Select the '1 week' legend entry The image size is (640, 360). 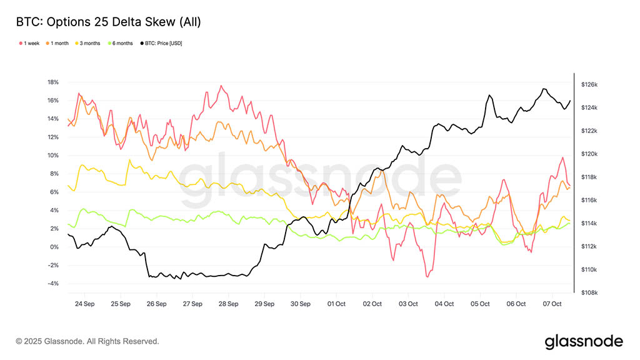click(x=29, y=43)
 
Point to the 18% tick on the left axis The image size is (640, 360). click(x=52, y=82)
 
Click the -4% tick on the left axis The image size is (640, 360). click(x=52, y=283)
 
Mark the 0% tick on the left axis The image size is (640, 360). click(x=54, y=247)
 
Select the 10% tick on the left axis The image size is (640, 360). click(x=52, y=155)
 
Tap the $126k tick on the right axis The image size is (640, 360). click(x=590, y=84)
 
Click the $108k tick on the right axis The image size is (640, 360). click(x=590, y=292)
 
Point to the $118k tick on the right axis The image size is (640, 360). click(x=590, y=177)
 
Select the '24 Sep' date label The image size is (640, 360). click(x=84, y=304)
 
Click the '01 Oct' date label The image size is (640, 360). click(x=336, y=304)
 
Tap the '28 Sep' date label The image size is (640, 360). click(x=229, y=304)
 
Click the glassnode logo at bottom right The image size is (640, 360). click(x=584, y=341)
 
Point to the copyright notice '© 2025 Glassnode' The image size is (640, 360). click(x=87, y=341)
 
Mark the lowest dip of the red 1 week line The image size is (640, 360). click(x=427, y=276)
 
